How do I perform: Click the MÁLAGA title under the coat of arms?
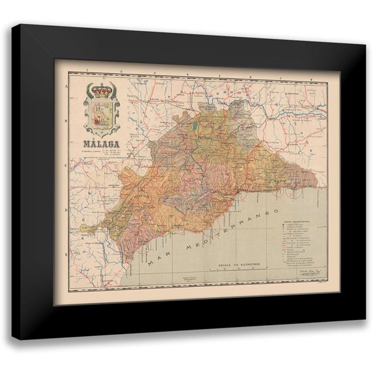click(99, 145)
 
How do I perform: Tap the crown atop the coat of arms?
click(100, 87)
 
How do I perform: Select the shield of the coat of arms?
click(100, 114)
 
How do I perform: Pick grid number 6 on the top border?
click(249, 78)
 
